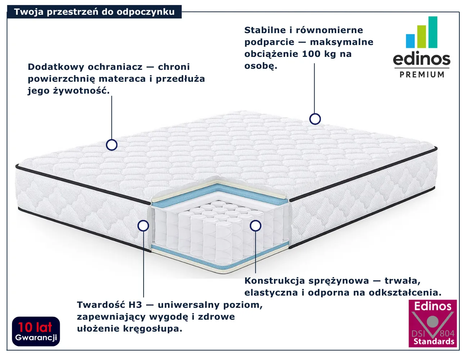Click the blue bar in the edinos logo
tap(410, 41)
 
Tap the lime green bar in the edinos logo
tap(422, 37)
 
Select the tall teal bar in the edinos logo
tap(433, 32)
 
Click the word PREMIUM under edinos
tap(422, 75)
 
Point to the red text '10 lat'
tap(35, 327)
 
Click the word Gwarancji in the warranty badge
tap(36, 337)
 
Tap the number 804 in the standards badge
tap(447, 333)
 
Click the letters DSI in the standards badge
tap(418, 334)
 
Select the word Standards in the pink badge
tap(434, 342)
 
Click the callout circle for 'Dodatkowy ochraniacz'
tap(112, 145)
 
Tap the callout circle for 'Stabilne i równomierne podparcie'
tap(315, 119)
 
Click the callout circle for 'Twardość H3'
tap(143, 226)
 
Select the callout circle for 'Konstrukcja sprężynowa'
tap(256, 226)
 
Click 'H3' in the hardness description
tap(135, 305)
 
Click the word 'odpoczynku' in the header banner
tap(145, 12)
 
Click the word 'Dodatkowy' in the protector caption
tap(56, 67)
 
